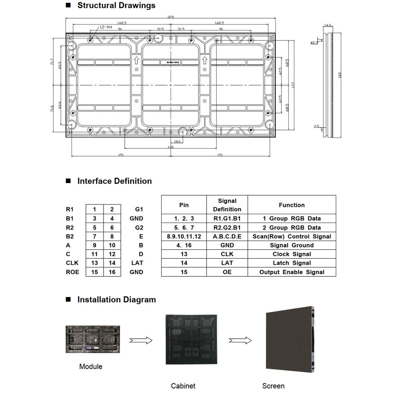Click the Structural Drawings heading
click(116, 5)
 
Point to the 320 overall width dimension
click(170, 17)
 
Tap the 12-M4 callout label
click(106, 27)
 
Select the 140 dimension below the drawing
click(170, 147)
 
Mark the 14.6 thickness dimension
click(328, 26)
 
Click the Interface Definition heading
click(114, 181)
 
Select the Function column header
click(292, 205)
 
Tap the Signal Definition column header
click(227, 205)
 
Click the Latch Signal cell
click(292, 263)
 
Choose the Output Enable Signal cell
click(292, 272)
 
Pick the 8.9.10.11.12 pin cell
click(184, 236)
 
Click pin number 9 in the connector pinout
click(94, 245)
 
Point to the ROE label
click(72, 272)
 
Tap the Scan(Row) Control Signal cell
click(292, 236)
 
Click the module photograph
click(92, 339)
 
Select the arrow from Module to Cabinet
click(141, 340)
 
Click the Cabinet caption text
click(183, 386)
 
